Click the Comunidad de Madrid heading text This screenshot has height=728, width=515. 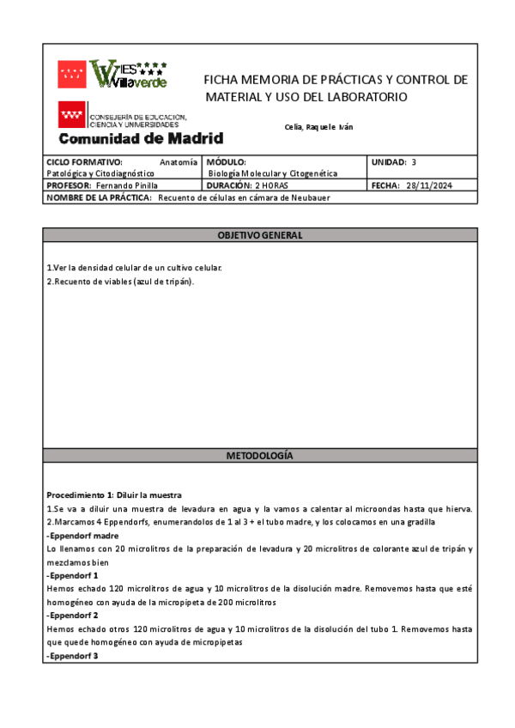pos(141,138)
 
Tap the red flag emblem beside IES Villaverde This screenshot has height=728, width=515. pos(71,73)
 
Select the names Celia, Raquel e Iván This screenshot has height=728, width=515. pos(318,127)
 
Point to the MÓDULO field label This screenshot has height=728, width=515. pos(227,161)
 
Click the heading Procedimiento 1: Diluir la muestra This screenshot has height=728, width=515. pos(114,495)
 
